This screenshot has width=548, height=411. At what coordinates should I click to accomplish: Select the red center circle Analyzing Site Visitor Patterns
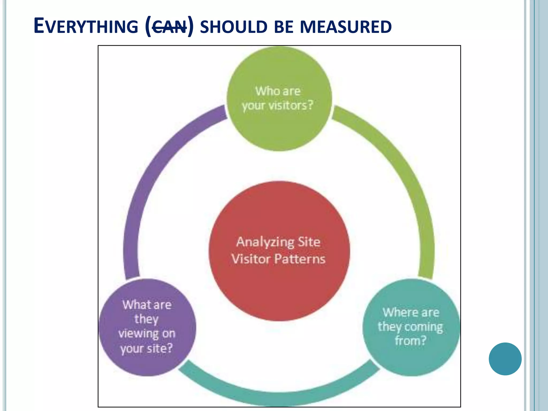click(x=279, y=289)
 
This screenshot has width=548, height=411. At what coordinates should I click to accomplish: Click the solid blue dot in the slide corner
click(x=505, y=359)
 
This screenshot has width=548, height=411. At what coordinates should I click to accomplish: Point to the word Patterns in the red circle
click(x=300, y=259)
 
